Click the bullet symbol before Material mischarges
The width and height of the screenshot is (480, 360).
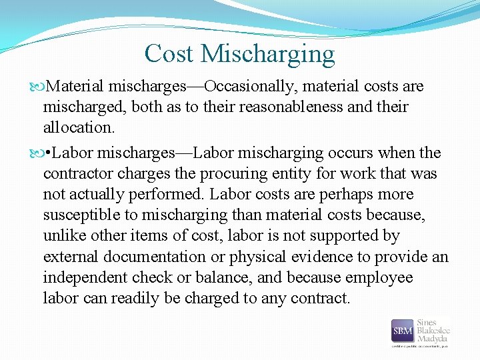(x=41, y=87)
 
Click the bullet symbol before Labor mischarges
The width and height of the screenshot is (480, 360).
(x=41, y=153)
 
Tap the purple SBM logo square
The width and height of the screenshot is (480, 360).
(x=403, y=331)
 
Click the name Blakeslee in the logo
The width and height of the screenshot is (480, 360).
(x=433, y=330)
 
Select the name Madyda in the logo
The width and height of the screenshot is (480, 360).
(x=433, y=338)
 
